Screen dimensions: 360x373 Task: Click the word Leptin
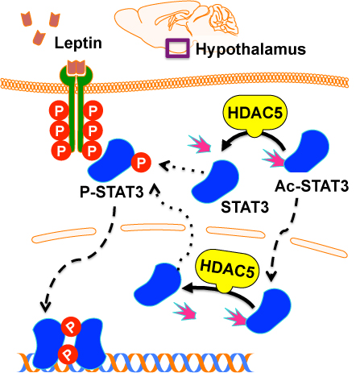(x=78, y=43)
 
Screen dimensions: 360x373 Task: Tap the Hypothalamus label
(x=250, y=49)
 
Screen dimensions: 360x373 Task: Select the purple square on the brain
(x=177, y=48)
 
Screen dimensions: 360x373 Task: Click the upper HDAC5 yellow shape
(x=255, y=114)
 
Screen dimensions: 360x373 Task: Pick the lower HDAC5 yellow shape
(x=228, y=269)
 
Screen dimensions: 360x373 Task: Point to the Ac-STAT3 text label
(x=312, y=186)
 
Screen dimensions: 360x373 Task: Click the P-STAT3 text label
(x=112, y=192)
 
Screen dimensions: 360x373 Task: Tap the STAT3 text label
(x=245, y=207)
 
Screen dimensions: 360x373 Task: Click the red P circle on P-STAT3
(x=141, y=162)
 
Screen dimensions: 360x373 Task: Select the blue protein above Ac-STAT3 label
(x=307, y=151)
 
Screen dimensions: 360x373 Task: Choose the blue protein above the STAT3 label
(x=215, y=181)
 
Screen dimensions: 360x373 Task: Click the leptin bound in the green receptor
(x=77, y=67)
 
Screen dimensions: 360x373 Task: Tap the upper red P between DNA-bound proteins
(x=71, y=326)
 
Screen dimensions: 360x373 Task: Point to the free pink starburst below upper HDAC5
(x=200, y=144)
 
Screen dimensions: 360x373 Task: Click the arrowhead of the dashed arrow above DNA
(x=46, y=307)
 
